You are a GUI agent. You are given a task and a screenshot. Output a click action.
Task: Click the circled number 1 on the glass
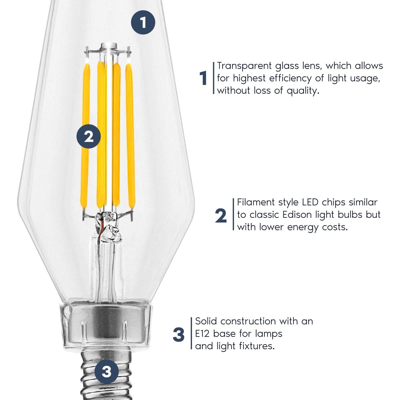point(143,22)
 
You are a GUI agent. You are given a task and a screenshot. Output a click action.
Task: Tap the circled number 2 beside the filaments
point(88,136)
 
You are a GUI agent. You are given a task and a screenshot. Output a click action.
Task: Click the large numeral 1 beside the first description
point(203,78)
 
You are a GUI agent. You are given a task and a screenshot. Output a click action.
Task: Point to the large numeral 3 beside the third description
point(178,334)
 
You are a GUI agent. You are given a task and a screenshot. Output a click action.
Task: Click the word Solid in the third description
point(206,321)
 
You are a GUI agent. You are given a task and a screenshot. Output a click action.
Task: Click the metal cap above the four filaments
point(109,46)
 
